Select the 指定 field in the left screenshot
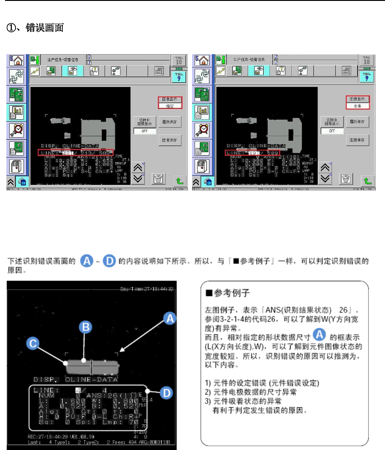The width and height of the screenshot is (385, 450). (x=170, y=106)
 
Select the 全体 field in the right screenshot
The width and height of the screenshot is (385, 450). (x=357, y=106)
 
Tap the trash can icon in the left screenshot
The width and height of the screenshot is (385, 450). (x=158, y=179)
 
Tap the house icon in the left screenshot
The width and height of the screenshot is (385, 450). (x=16, y=61)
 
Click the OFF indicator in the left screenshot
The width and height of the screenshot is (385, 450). (x=144, y=131)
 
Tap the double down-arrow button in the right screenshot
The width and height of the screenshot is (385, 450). (x=324, y=178)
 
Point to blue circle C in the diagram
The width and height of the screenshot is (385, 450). (x=32, y=343)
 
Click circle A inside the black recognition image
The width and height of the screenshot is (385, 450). (x=169, y=318)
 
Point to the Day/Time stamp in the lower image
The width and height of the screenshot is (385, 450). (x=147, y=289)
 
